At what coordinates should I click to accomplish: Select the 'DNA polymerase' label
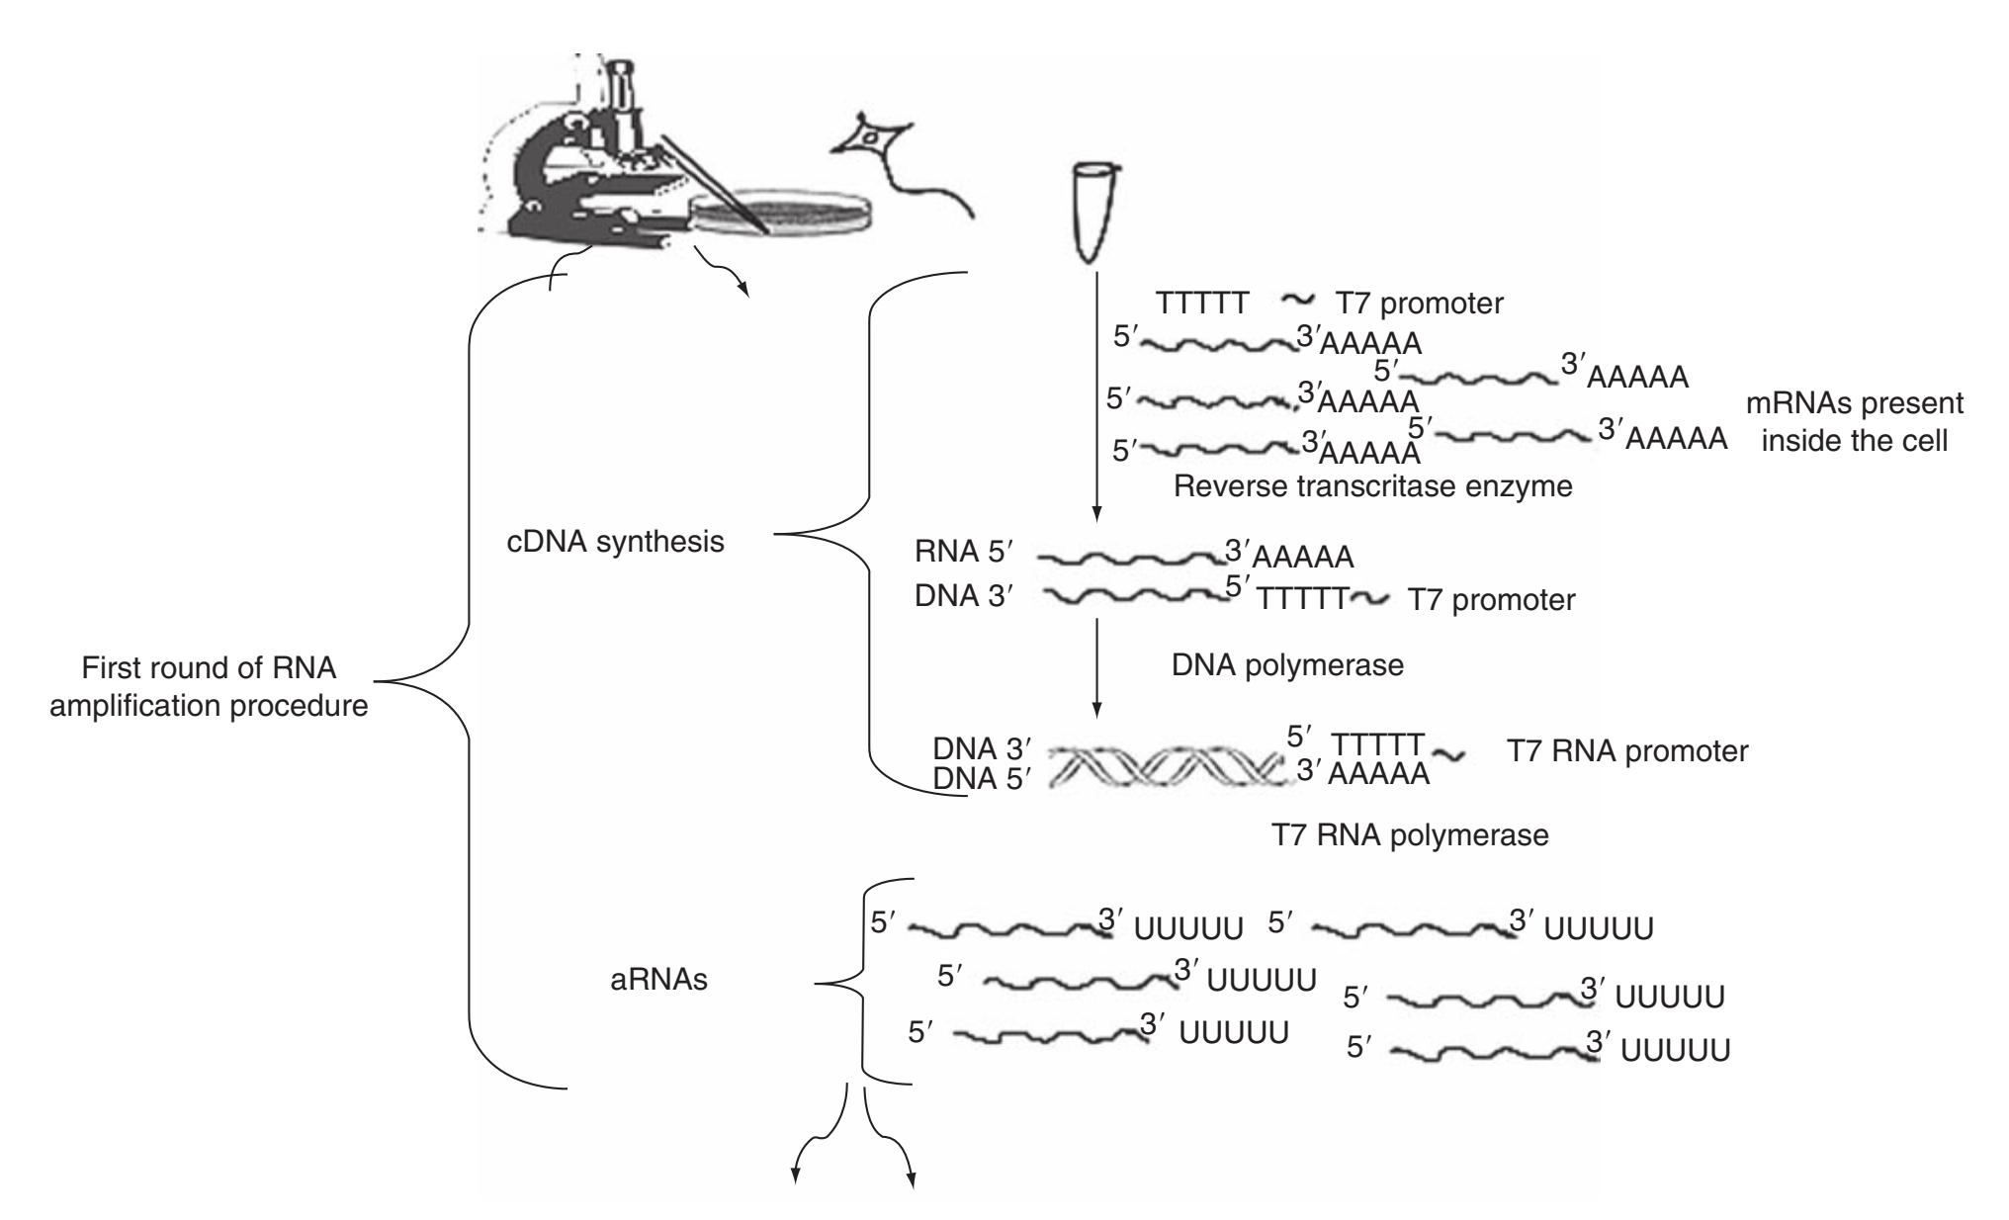pos(1286,665)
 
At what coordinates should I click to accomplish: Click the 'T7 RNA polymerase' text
pos(1409,835)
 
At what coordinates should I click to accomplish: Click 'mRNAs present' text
pos(1855,404)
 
